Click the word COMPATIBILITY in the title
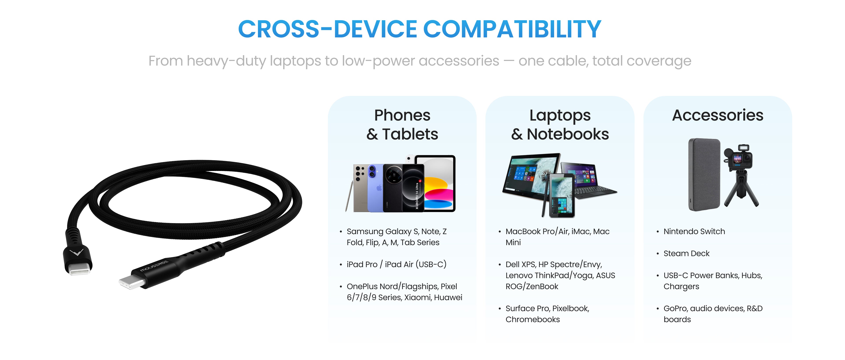click(x=512, y=29)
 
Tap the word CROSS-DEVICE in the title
click(x=327, y=29)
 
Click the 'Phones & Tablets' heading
click(x=402, y=125)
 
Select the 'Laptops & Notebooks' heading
click(x=560, y=125)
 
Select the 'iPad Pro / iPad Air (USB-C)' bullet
click(x=396, y=264)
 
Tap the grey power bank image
click(x=704, y=174)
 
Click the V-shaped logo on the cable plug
click(x=76, y=252)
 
